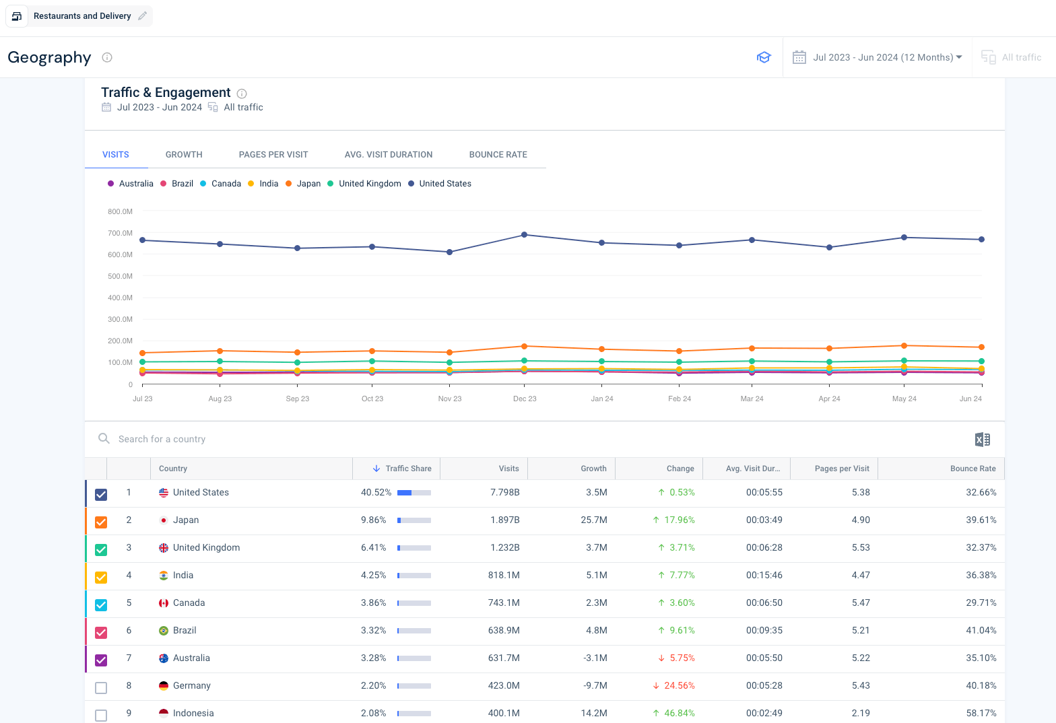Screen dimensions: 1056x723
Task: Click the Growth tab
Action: [184, 155]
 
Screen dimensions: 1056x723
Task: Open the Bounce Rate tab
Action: [498, 155]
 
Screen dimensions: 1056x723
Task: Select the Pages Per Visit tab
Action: [273, 155]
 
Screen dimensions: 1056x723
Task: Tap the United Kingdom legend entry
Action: [364, 184]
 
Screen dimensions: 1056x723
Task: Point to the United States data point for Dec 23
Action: [524, 235]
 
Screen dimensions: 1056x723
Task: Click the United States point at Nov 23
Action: [450, 252]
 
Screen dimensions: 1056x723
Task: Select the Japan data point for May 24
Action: [904, 346]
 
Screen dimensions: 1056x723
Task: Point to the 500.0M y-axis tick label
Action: [120, 276]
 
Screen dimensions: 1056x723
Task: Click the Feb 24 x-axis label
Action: [680, 399]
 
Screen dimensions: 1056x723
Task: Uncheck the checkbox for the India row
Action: [101, 578]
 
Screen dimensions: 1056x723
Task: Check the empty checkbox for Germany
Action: [101, 687]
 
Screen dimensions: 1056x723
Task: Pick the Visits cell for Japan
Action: [505, 520]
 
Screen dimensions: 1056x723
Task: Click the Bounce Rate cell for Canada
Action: [981, 602]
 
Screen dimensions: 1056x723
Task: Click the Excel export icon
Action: [983, 440]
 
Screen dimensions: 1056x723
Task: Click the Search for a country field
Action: [162, 440]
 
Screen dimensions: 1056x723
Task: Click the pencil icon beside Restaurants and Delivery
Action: [142, 16]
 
